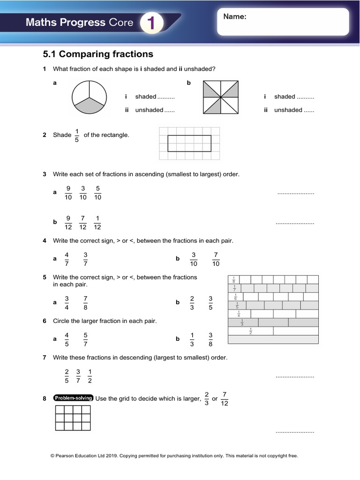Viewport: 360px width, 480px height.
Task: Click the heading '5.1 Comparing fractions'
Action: (98, 54)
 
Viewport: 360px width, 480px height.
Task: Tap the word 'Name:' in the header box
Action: (235, 17)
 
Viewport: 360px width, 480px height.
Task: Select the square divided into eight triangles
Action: (220, 97)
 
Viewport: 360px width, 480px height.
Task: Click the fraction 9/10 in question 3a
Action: (68, 193)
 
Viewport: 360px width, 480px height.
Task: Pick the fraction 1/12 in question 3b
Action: (97, 222)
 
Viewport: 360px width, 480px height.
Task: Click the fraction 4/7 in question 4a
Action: (67, 259)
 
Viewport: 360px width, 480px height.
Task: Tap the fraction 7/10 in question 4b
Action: (216, 259)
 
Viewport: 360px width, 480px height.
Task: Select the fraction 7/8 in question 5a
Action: (85, 303)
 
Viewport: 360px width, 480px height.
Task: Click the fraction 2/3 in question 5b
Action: (192, 303)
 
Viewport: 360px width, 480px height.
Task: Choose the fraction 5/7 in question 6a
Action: (85, 339)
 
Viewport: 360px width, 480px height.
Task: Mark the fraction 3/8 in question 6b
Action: (210, 339)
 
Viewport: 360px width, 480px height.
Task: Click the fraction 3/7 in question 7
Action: (78, 376)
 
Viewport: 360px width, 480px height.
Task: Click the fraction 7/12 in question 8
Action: (225, 398)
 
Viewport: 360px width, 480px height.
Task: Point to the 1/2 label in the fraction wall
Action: (250, 331)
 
